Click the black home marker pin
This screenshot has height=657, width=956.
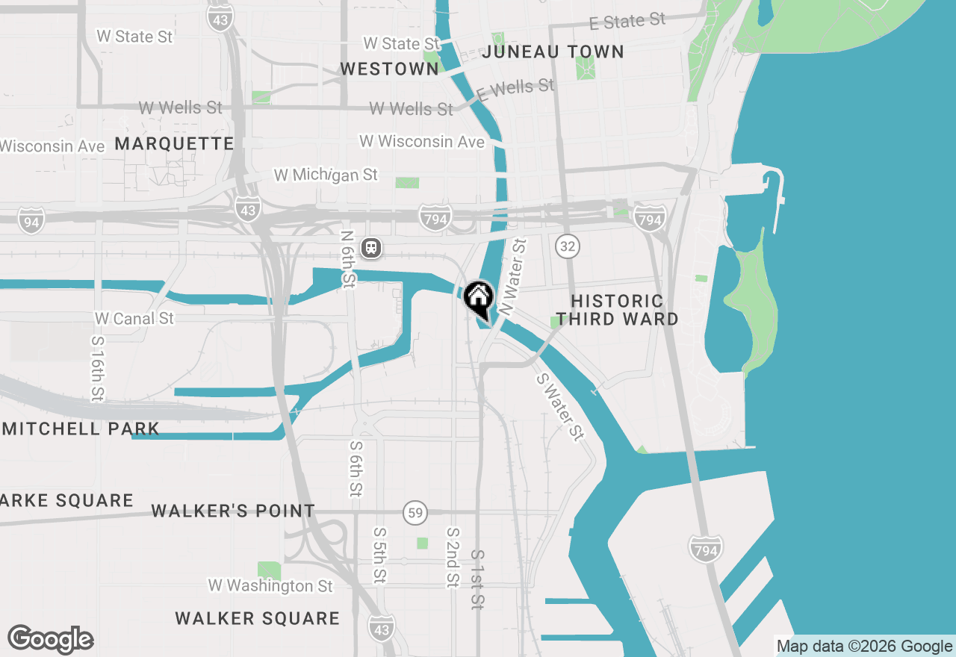click(478, 299)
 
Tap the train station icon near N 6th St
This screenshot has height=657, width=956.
click(371, 248)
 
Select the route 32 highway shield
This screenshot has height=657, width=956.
click(568, 245)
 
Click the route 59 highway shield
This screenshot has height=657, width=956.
click(415, 513)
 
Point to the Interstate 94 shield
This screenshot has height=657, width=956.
click(31, 221)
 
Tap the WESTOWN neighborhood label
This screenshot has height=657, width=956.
click(389, 69)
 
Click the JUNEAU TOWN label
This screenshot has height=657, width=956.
click(553, 52)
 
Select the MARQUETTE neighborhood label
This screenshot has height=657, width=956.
click(174, 143)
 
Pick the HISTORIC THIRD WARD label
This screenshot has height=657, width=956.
click(617, 310)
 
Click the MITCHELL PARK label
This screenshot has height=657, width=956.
click(81, 429)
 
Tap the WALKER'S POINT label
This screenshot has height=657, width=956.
click(233, 511)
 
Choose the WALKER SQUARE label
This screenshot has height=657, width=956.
click(258, 618)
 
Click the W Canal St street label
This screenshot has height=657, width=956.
click(134, 318)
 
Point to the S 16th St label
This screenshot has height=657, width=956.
click(97, 368)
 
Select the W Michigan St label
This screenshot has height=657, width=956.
click(326, 175)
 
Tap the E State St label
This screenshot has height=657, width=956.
click(627, 21)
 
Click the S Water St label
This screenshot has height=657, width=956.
click(559, 406)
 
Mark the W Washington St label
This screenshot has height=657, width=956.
click(270, 585)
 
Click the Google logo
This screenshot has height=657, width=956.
click(50, 640)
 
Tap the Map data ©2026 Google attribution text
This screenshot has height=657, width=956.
click(864, 647)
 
